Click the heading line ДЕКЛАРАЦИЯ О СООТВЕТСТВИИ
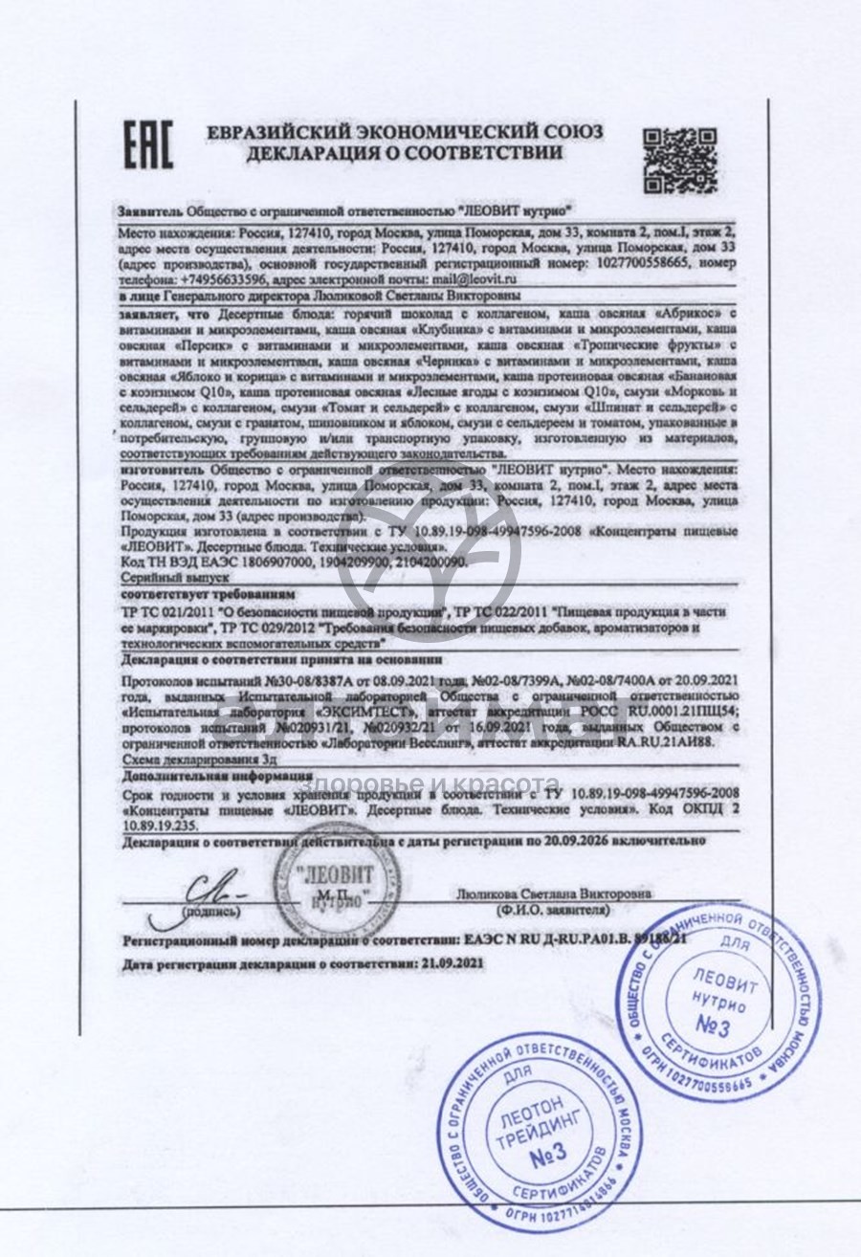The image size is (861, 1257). [404, 153]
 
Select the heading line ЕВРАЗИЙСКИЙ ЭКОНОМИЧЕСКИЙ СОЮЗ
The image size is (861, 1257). [405, 132]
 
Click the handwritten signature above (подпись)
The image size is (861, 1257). [216, 892]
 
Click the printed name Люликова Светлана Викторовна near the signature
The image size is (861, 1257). [556, 893]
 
